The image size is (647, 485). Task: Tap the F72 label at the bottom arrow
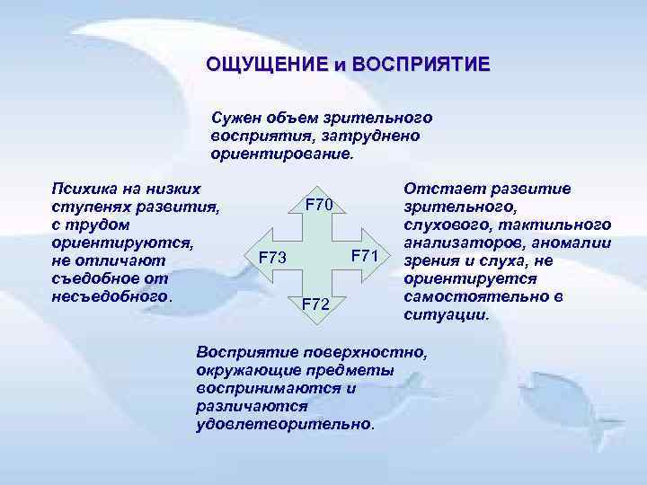(315, 304)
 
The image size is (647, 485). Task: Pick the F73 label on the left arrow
(272, 260)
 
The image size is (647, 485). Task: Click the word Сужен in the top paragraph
(233, 118)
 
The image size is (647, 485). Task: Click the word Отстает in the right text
(439, 189)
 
